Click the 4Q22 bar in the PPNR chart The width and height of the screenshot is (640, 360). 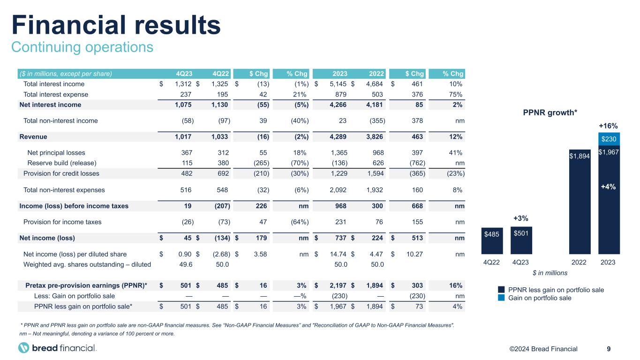pyautogui.click(x=492, y=241)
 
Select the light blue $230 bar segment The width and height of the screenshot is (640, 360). pyautogui.click(x=609, y=139)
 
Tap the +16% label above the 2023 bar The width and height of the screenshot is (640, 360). pyautogui.click(x=608, y=126)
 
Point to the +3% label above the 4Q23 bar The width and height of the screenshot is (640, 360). pyautogui.click(x=520, y=218)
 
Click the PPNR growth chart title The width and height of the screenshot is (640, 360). pyautogui.click(x=550, y=112)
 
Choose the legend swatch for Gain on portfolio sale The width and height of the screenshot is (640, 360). pyautogui.click(x=501, y=298)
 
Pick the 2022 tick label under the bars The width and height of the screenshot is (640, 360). pyautogui.click(x=579, y=262)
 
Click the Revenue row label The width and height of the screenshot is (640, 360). pyautogui.click(x=33, y=137)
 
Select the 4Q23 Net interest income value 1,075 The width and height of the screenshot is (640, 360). pyautogui.click(x=183, y=105)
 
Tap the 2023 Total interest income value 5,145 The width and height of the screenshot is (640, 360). pyautogui.click(x=338, y=84)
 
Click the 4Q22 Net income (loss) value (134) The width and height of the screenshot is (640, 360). pyautogui.click(x=222, y=238)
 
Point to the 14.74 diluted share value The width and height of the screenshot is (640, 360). pyautogui.click(x=338, y=254)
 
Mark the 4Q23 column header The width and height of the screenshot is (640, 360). pyautogui.click(x=184, y=74)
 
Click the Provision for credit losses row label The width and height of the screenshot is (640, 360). pyautogui.click(x=61, y=173)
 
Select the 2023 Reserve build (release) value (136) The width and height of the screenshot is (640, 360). pyautogui.click(x=339, y=163)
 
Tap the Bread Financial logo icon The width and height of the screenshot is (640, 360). pyautogui.click(x=23, y=348)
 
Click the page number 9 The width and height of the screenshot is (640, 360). pyautogui.click(x=609, y=349)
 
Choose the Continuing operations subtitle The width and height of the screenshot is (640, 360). pyautogui.click(x=83, y=47)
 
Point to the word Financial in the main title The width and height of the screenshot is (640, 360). pyautogui.click(x=69, y=25)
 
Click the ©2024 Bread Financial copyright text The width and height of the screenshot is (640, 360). pyautogui.click(x=543, y=349)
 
